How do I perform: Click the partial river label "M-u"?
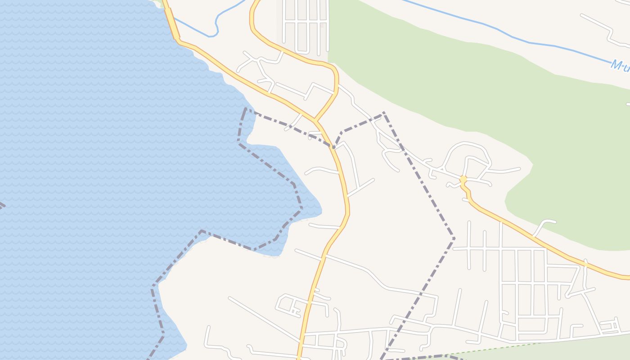click(x=620, y=65)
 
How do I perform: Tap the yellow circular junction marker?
click(x=463, y=180)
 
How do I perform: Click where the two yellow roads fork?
click(x=316, y=121)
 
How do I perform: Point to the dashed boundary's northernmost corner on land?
click(x=383, y=112)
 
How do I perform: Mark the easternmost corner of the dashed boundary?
click(x=454, y=238)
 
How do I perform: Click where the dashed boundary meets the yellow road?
click(x=333, y=147)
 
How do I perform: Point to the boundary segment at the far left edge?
click(x=2, y=206)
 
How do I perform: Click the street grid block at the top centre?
click(x=306, y=27)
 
